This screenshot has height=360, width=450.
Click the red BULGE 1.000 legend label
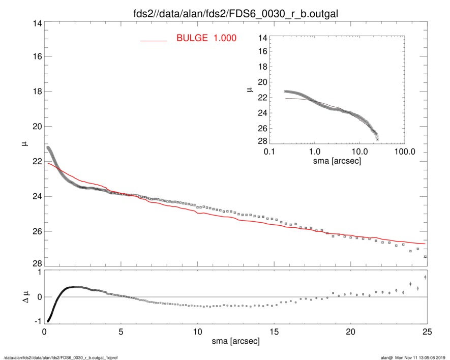[x=206, y=38]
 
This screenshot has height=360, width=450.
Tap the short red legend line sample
[x=154, y=40]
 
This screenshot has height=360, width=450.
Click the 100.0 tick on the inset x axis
[x=404, y=151]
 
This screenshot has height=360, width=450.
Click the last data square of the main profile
[x=425, y=257]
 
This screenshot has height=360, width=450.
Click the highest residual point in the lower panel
[x=425, y=277]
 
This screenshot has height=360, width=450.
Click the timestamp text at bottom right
[x=413, y=357]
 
